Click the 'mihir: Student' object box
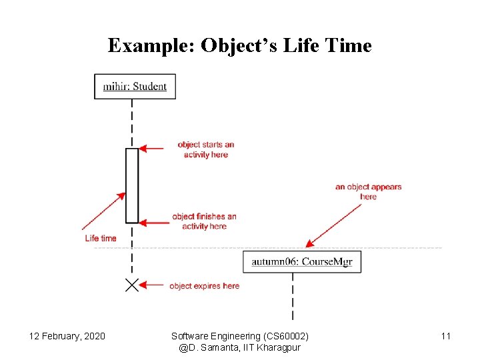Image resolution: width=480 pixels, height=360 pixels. [135, 86]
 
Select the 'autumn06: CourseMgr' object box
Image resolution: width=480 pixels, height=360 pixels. [302, 261]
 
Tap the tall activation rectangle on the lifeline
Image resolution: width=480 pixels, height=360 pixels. [132, 185]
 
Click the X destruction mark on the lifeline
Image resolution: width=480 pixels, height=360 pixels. [132, 285]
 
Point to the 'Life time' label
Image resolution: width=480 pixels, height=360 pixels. [101, 238]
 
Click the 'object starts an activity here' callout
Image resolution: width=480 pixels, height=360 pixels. [206, 149]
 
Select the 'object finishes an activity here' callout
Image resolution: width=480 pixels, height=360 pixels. [204, 221]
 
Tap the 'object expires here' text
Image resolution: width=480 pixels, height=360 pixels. [204, 286]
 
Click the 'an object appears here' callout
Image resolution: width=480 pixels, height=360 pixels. [368, 191]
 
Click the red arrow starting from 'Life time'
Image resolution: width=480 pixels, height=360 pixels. [103, 212]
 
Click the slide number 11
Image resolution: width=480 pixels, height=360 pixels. [446, 336]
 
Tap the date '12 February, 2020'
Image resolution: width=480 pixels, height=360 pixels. [67, 336]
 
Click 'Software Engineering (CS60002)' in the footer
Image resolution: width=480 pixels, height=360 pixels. [240, 336]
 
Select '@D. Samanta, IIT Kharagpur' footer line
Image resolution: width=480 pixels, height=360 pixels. [240, 348]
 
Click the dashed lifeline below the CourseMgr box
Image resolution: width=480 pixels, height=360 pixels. [293, 297]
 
